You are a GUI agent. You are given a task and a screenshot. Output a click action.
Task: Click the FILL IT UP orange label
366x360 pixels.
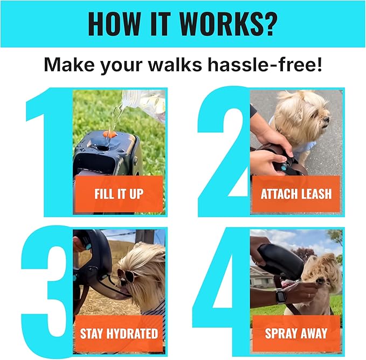118,194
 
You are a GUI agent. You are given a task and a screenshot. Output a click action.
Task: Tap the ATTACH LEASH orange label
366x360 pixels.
296,194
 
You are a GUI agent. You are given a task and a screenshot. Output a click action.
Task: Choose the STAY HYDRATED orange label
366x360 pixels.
119,333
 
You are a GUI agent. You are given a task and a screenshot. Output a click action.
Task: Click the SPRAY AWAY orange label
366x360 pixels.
296,333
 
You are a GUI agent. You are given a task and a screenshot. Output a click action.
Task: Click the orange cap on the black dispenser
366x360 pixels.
109,133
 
